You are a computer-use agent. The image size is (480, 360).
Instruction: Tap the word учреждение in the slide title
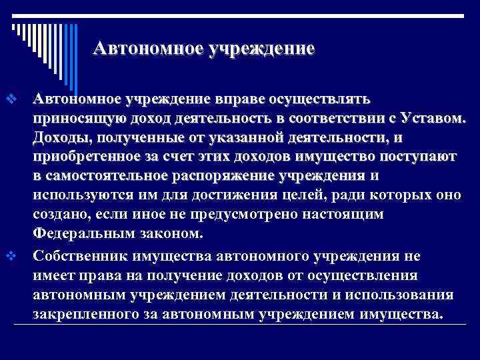click(261, 49)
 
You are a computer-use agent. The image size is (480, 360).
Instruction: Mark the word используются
click(75, 195)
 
